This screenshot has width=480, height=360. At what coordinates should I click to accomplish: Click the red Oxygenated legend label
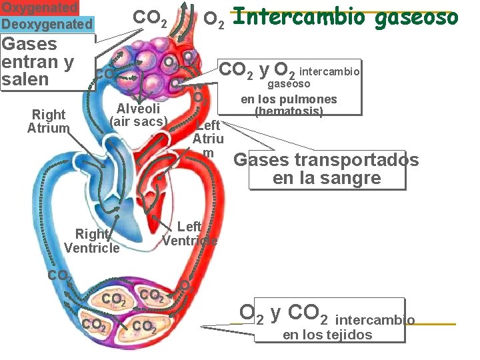[x=39, y=7]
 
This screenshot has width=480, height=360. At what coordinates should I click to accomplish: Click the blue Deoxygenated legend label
[x=47, y=24]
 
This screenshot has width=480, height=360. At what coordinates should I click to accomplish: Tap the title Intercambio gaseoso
[x=346, y=17]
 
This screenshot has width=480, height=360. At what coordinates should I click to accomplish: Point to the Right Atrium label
[x=48, y=121]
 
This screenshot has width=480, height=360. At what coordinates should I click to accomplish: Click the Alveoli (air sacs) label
[x=138, y=115]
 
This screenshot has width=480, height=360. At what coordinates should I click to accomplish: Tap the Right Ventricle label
[x=91, y=241]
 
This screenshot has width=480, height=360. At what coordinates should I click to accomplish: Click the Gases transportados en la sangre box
[x=326, y=169]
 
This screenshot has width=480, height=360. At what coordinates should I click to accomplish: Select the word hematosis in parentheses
[x=289, y=111]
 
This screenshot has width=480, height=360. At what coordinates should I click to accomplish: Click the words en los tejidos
[x=327, y=335]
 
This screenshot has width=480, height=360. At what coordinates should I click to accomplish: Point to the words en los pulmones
[x=289, y=99]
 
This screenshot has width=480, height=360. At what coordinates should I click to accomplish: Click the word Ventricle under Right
[x=91, y=248]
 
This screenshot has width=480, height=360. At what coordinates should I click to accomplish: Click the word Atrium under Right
[x=48, y=128]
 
